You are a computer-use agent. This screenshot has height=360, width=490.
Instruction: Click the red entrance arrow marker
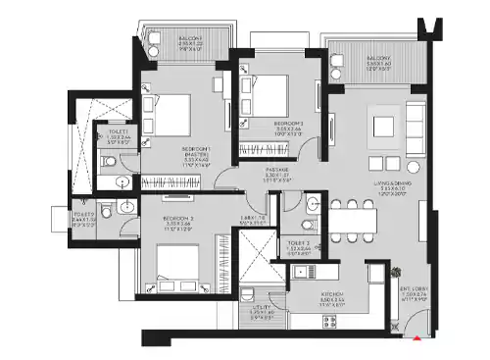[x=418, y=338]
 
